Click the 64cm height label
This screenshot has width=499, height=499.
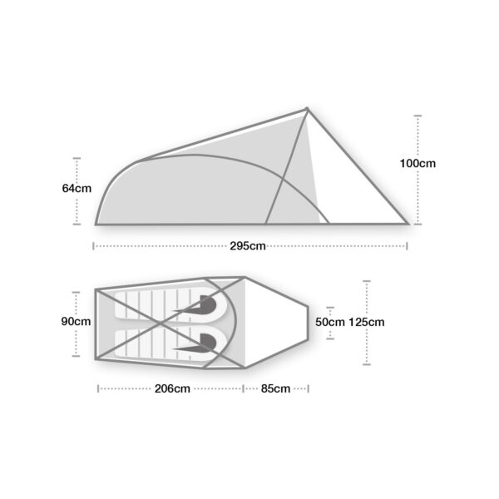pos(77,189)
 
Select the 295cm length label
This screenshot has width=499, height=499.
pos(249,245)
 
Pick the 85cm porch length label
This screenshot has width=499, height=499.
pos(275,388)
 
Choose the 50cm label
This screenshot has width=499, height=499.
pos(329,322)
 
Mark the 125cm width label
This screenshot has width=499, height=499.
pos(367,322)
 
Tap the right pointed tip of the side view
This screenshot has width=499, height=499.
pos(408,223)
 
